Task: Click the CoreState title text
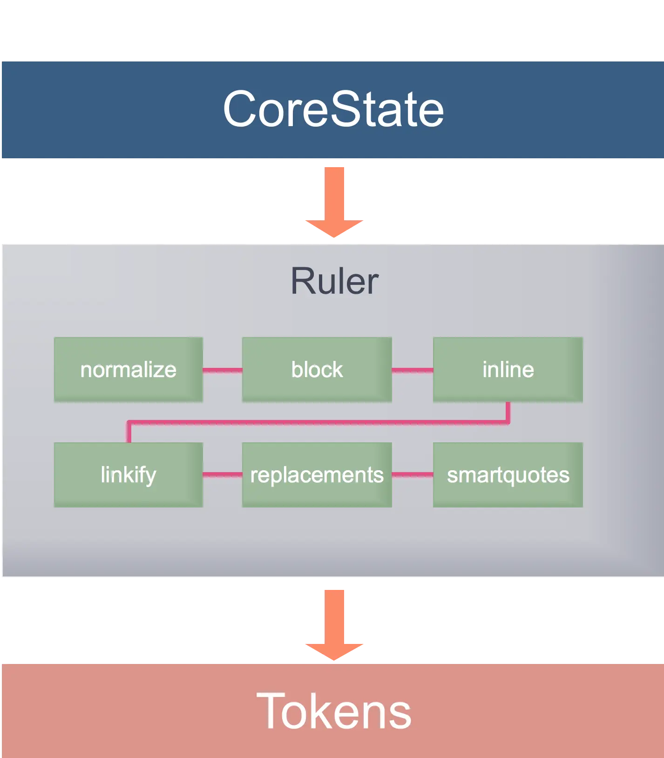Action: click(333, 109)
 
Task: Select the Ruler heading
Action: click(334, 281)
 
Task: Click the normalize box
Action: click(128, 370)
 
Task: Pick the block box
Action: click(317, 370)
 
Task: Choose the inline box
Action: click(508, 370)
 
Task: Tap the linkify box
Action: click(128, 474)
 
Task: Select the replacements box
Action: click(317, 474)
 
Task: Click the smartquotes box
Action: click(508, 474)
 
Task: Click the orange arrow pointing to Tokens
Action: click(334, 624)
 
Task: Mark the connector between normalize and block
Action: click(223, 370)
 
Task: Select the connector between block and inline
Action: click(412, 370)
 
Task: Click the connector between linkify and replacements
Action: click(223, 474)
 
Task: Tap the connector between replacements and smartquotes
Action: click(412, 474)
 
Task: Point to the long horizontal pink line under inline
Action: click(317, 422)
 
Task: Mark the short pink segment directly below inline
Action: click(508, 412)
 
